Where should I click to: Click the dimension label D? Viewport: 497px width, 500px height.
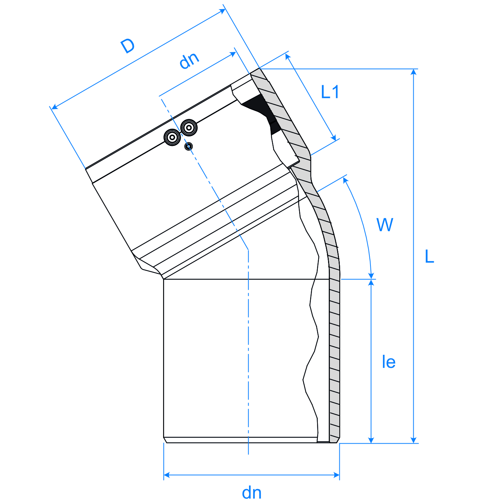click(128, 46)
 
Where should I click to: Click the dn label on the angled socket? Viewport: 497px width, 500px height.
click(189, 60)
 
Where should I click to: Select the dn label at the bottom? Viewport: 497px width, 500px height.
click(252, 493)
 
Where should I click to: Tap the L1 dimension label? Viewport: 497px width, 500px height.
click(330, 92)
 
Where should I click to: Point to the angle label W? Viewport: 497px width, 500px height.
click(384, 225)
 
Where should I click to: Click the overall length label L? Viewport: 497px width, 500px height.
click(429, 257)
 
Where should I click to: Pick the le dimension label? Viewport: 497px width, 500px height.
click(388, 362)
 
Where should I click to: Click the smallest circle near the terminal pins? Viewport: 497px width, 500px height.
click(188, 147)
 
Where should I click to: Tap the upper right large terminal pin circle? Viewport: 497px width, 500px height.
click(189, 128)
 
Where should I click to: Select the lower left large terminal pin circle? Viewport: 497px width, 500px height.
click(172, 138)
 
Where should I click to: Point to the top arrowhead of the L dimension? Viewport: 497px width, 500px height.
click(414, 72)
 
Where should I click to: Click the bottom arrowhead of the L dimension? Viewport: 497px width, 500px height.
click(414, 440)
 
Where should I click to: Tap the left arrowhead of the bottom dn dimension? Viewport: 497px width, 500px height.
click(167, 475)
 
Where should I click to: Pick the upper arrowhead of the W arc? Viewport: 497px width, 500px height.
click(345, 180)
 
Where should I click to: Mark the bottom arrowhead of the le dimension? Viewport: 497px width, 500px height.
click(371, 440)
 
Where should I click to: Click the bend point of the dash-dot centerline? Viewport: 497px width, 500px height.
click(248, 249)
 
